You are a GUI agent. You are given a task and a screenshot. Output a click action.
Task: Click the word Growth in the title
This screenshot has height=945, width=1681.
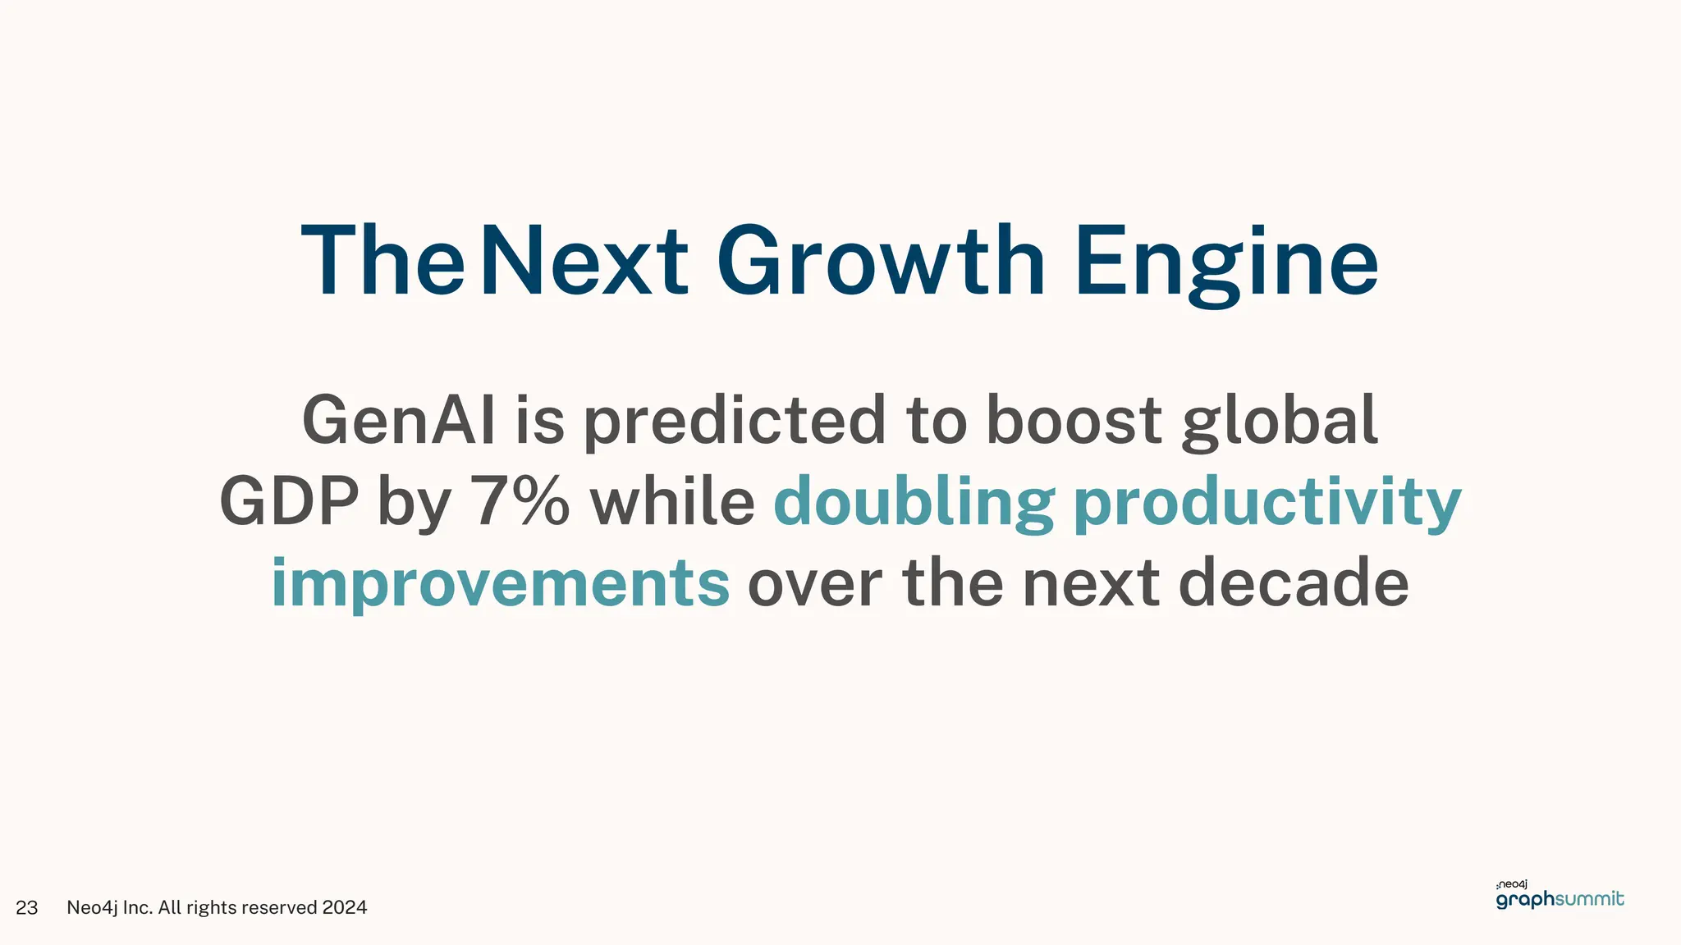click(x=881, y=261)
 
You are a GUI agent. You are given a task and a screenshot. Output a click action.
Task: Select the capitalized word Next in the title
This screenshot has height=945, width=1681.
click(x=584, y=261)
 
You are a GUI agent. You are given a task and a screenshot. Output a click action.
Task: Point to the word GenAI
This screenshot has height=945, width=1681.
click(x=399, y=420)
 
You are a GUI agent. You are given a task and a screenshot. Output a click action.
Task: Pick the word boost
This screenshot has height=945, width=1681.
click(x=1074, y=420)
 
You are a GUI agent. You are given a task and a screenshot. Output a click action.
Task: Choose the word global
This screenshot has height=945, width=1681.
click(x=1280, y=422)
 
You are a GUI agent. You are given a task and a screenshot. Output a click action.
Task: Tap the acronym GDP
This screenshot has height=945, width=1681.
click(x=289, y=501)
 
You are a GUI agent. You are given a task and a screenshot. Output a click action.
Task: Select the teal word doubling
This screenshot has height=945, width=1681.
click(x=914, y=503)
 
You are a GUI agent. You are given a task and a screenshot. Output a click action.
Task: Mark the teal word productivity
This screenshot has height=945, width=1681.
click(x=1267, y=503)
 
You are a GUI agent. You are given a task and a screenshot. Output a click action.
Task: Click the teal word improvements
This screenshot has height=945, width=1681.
click(x=500, y=583)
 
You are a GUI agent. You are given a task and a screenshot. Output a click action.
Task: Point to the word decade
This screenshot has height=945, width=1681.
click(x=1294, y=582)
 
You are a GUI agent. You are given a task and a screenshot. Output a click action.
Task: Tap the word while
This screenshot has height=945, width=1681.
click(x=672, y=501)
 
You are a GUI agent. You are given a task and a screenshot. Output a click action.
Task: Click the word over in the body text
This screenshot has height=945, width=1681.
click(x=814, y=583)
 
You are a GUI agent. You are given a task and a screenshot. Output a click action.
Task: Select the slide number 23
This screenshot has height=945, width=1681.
click(x=27, y=907)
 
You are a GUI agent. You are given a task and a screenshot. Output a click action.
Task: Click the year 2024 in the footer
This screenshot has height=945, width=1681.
click(x=345, y=907)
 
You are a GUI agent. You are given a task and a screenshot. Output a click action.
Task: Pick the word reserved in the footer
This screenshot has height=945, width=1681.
click(x=279, y=907)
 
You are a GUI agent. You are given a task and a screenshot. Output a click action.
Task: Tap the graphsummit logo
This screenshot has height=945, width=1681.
click(x=1560, y=896)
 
